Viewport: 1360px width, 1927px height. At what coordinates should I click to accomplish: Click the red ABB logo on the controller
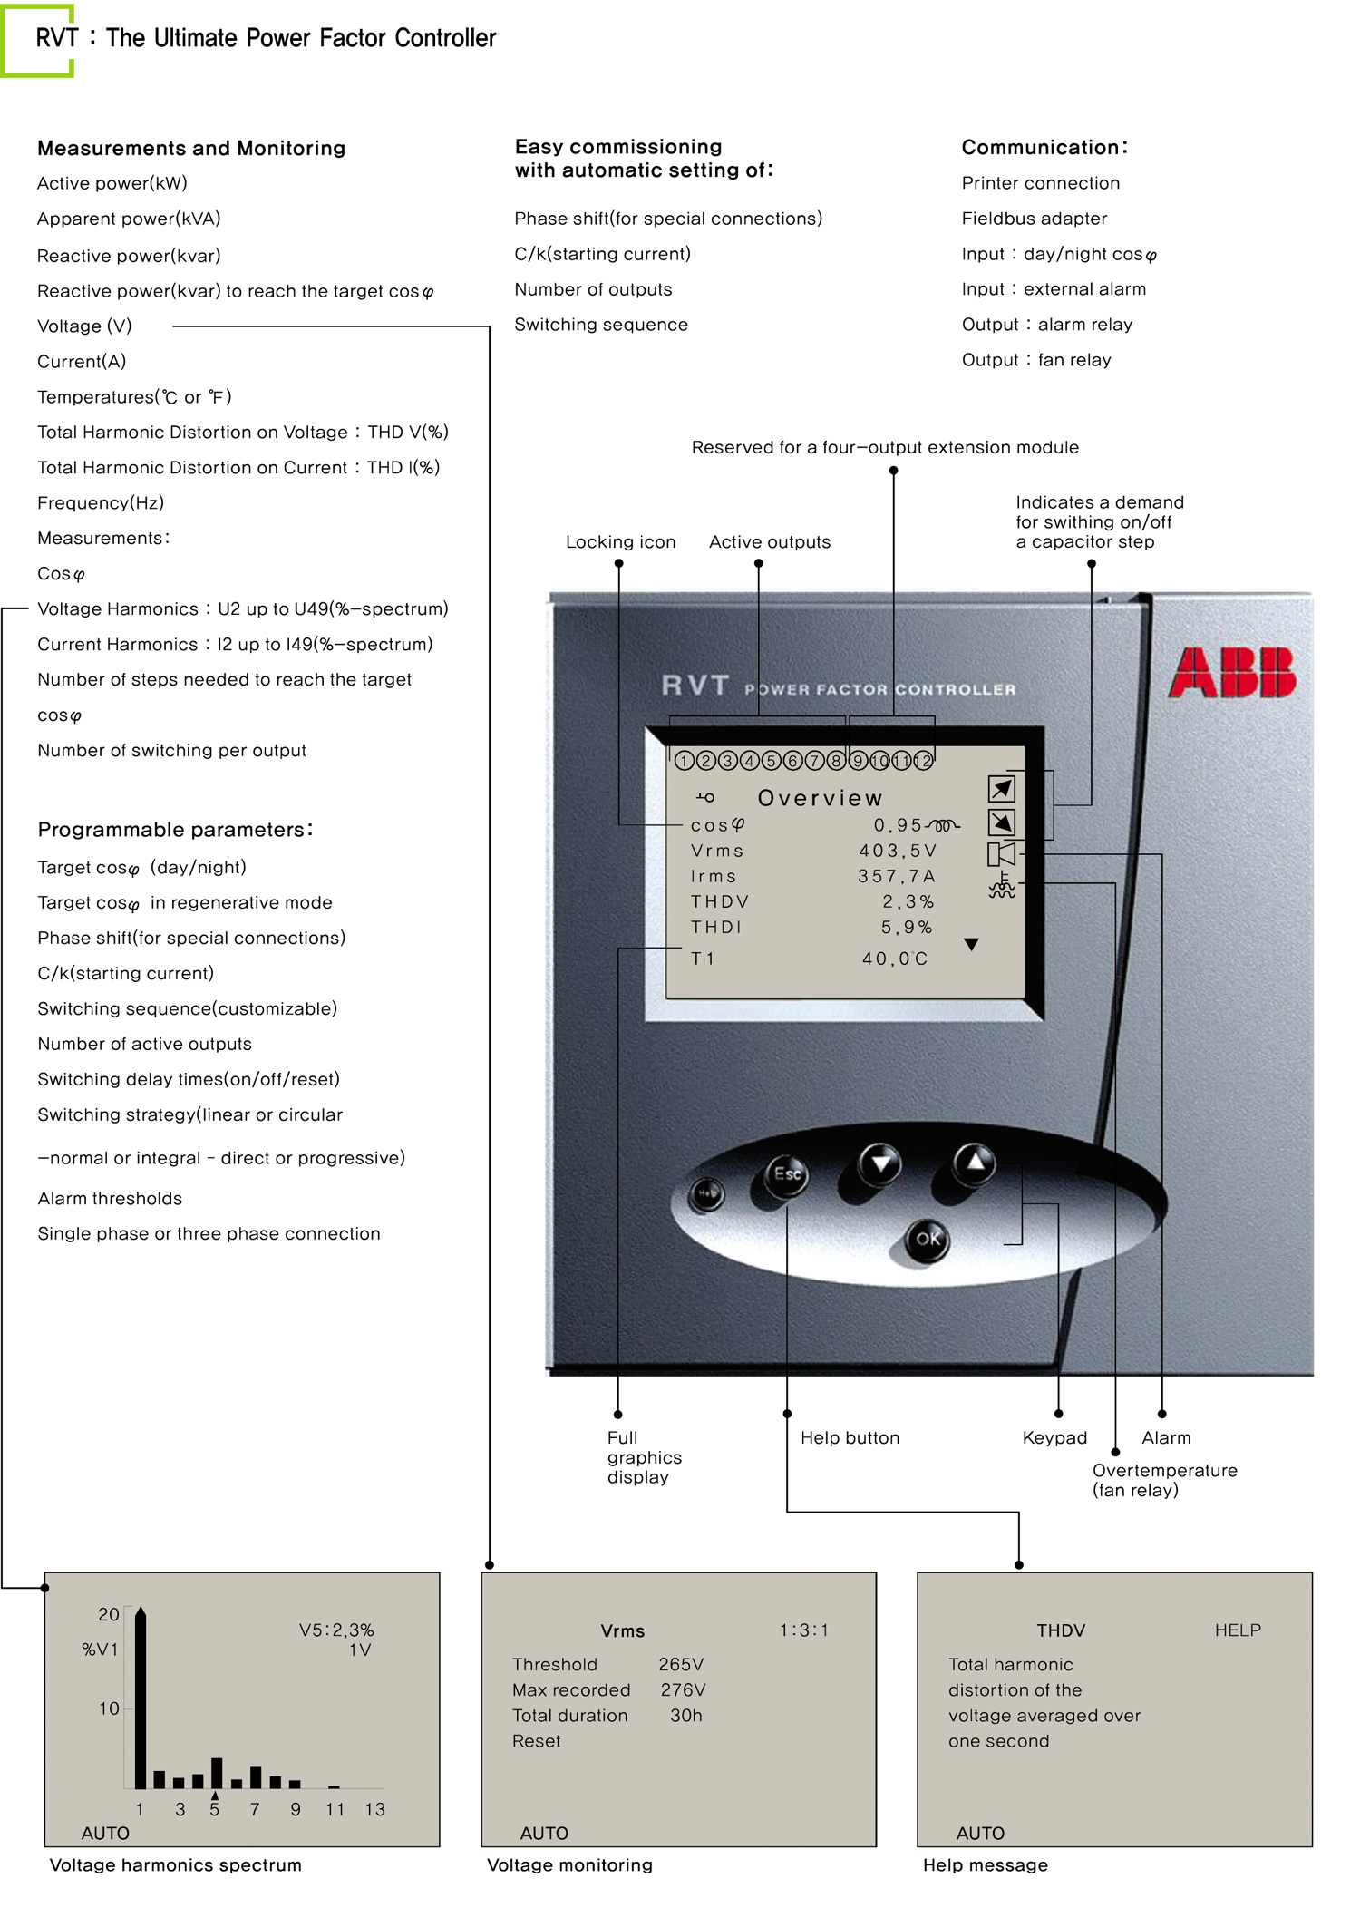pyautogui.click(x=1232, y=672)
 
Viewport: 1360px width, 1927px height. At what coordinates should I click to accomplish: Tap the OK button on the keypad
pyautogui.click(x=928, y=1239)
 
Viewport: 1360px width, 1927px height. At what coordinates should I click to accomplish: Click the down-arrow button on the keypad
pyautogui.click(x=880, y=1162)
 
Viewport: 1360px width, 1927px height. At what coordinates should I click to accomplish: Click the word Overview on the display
pyautogui.click(x=820, y=798)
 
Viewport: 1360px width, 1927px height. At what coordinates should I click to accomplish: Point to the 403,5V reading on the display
pyautogui.click(x=898, y=851)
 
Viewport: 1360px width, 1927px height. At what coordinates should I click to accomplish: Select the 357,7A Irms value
pyautogui.click(x=897, y=876)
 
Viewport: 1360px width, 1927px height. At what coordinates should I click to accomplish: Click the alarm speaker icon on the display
pyautogui.click(x=1001, y=853)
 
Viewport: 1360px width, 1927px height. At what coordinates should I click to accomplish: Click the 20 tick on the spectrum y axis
pyautogui.click(x=109, y=1614)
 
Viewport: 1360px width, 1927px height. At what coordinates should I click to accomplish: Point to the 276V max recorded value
pyautogui.click(x=683, y=1689)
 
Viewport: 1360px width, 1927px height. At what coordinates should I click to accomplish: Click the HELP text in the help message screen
pyautogui.click(x=1238, y=1630)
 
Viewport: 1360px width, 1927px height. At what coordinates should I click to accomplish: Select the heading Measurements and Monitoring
pyautogui.click(x=191, y=148)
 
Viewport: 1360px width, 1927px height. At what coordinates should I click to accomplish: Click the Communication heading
pyautogui.click(x=1044, y=147)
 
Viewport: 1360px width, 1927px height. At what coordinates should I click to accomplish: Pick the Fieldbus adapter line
pyautogui.click(x=1035, y=219)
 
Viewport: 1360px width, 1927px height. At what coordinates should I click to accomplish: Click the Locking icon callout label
pyautogui.click(x=620, y=542)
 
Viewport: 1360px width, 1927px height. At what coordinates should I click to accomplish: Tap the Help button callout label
pyautogui.click(x=850, y=1437)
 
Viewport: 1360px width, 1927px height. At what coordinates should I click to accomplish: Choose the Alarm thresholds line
pyautogui.click(x=110, y=1198)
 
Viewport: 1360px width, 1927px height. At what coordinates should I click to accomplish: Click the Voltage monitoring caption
pyautogui.click(x=569, y=1864)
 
